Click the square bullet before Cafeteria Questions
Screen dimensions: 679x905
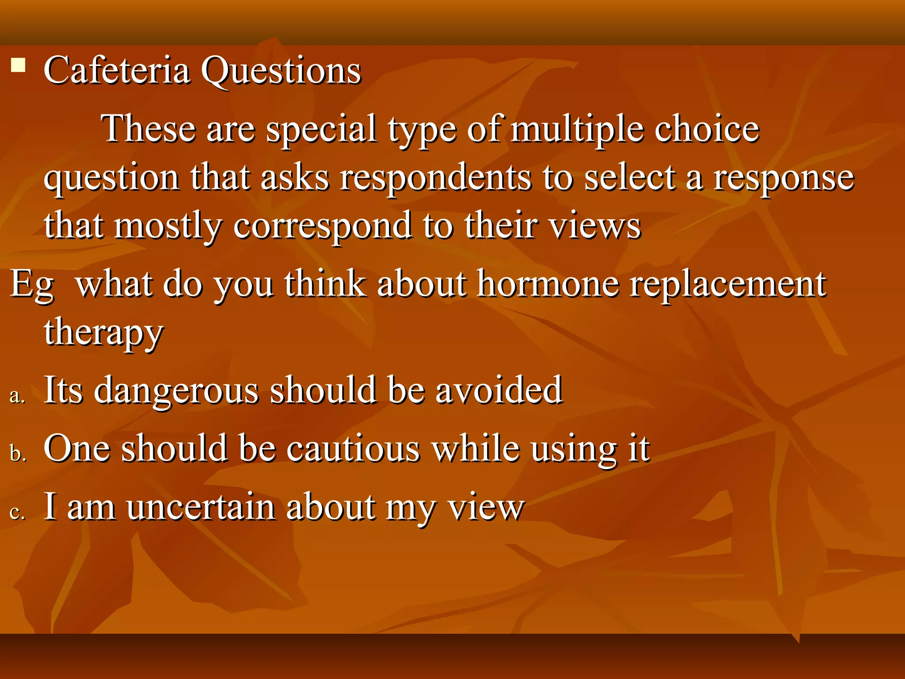click(x=18, y=65)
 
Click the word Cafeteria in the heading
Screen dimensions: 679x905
click(x=117, y=71)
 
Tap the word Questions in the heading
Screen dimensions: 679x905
click(x=281, y=71)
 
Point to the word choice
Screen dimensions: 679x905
click(x=707, y=129)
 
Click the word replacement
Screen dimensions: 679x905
click(x=727, y=285)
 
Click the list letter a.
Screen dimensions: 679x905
click(x=17, y=396)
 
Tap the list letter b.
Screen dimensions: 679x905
click(x=18, y=454)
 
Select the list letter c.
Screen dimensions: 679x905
click(x=17, y=512)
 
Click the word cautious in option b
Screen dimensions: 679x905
click(x=353, y=449)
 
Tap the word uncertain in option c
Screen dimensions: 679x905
click(x=200, y=507)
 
